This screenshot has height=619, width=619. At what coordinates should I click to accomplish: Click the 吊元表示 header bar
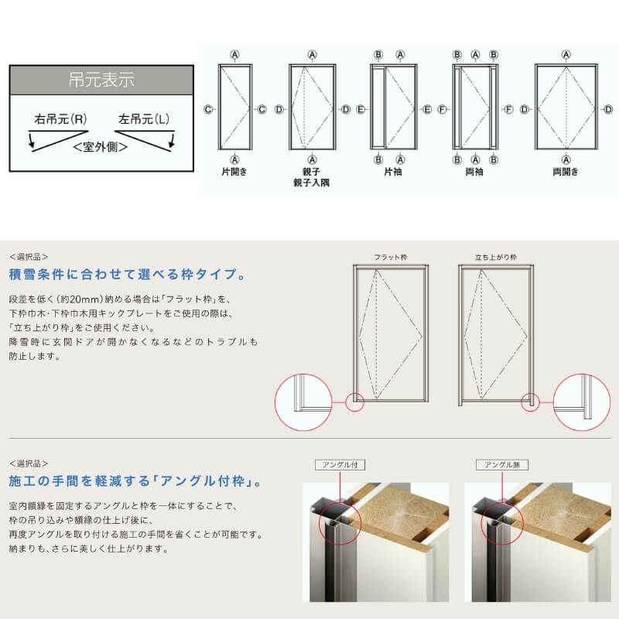[101, 80]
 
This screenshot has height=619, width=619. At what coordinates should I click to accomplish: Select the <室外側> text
[101, 145]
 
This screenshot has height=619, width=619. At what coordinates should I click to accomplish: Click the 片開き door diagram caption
[234, 173]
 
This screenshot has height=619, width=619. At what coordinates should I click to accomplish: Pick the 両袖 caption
[475, 173]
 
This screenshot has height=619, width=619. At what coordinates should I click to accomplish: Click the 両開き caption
[566, 173]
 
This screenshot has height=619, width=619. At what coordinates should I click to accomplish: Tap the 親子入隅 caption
[312, 183]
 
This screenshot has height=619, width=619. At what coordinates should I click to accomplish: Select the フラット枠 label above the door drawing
[391, 257]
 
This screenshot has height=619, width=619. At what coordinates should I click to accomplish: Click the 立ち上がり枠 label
[496, 257]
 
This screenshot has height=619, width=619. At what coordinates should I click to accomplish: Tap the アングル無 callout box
[501, 465]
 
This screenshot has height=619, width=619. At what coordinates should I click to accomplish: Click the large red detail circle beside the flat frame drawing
[303, 402]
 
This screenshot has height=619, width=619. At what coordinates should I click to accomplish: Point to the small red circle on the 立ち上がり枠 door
[530, 402]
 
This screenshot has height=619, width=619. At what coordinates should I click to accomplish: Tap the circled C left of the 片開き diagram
[208, 110]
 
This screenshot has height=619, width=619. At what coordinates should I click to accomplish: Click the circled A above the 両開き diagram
[566, 55]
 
